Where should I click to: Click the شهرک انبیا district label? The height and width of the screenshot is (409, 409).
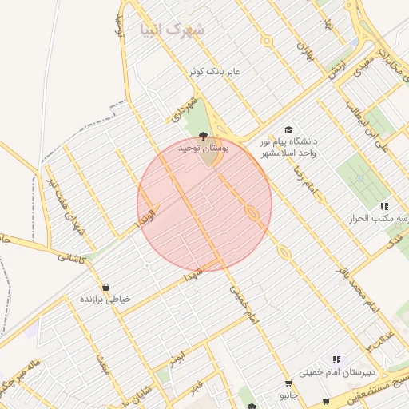click(173, 30)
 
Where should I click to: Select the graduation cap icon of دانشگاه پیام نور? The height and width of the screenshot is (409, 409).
click(288, 130)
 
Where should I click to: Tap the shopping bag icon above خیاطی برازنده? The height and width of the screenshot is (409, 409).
click(105, 287)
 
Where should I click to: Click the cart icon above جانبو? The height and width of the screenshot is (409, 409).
click(288, 383)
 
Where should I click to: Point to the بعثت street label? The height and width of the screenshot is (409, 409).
click(102, 367)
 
